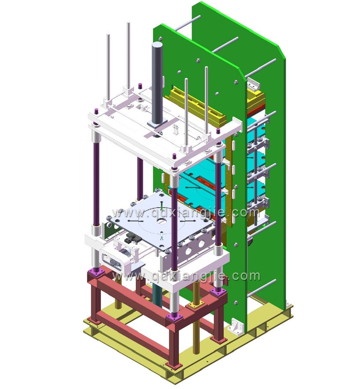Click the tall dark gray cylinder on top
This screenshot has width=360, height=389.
[157, 82]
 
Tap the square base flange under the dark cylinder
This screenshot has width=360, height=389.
[157, 123]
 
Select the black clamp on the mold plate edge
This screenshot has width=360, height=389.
[131, 238]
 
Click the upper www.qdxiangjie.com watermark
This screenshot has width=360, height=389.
[186, 212]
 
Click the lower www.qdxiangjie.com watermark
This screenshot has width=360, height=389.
[186, 276]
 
